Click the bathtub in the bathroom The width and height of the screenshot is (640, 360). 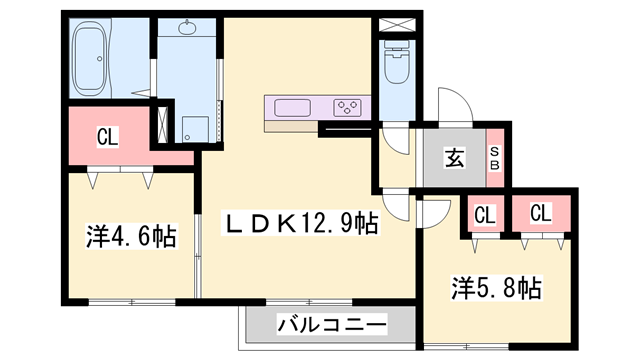(x=90, y=58)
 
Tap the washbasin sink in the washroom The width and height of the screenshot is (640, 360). (x=187, y=28)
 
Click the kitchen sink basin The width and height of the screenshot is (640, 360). (x=292, y=108)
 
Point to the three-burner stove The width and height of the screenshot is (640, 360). (x=347, y=108)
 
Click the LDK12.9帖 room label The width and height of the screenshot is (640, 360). (x=301, y=223)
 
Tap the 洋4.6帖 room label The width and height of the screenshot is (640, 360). (x=131, y=236)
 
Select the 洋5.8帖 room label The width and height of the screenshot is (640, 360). (x=496, y=288)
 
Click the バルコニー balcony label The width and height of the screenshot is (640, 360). (x=331, y=325)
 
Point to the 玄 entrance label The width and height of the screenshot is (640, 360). (x=454, y=158)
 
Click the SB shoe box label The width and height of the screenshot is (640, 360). (x=494, y=158)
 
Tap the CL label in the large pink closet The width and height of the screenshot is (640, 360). (x=107, y=137)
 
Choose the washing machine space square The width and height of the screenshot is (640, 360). (x=195, y=129)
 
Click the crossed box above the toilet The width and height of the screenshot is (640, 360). (x=397, y=24)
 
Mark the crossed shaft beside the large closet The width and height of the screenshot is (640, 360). (x=162, y=124)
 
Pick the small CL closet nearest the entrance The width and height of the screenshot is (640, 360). (x=485, y=215)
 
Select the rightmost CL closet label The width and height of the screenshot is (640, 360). (x=541, y=213)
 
